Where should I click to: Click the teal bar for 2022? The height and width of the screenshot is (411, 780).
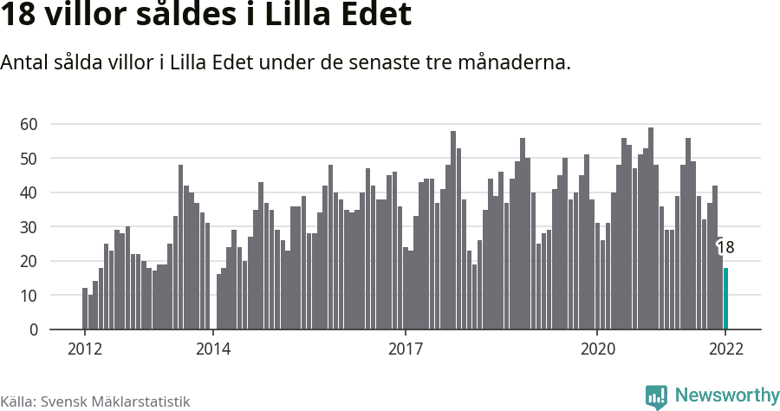(725, 299)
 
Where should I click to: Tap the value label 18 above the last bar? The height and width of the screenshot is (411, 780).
(725, 247)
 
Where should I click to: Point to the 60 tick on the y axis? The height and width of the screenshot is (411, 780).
(29, 124)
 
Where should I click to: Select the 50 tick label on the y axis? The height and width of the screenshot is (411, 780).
(29, 159)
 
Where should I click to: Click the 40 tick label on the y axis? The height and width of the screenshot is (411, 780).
(29, 192)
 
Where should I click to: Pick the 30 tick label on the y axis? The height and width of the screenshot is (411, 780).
(29, 227)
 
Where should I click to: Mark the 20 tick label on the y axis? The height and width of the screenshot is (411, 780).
(29, 261)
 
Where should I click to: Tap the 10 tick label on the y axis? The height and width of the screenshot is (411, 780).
(29, 296)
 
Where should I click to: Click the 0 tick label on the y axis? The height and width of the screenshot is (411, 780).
(34, 329)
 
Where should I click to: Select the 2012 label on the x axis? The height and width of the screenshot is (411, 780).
(84, 349)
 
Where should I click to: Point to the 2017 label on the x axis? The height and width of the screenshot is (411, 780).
(405, 349)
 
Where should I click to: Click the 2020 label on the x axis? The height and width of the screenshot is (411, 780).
(597, 349)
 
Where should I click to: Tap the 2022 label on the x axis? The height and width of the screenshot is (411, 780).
(725, 349)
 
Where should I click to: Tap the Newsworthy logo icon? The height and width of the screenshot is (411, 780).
(656, 396)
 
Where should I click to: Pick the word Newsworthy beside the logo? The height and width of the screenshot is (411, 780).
(726, 395)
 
